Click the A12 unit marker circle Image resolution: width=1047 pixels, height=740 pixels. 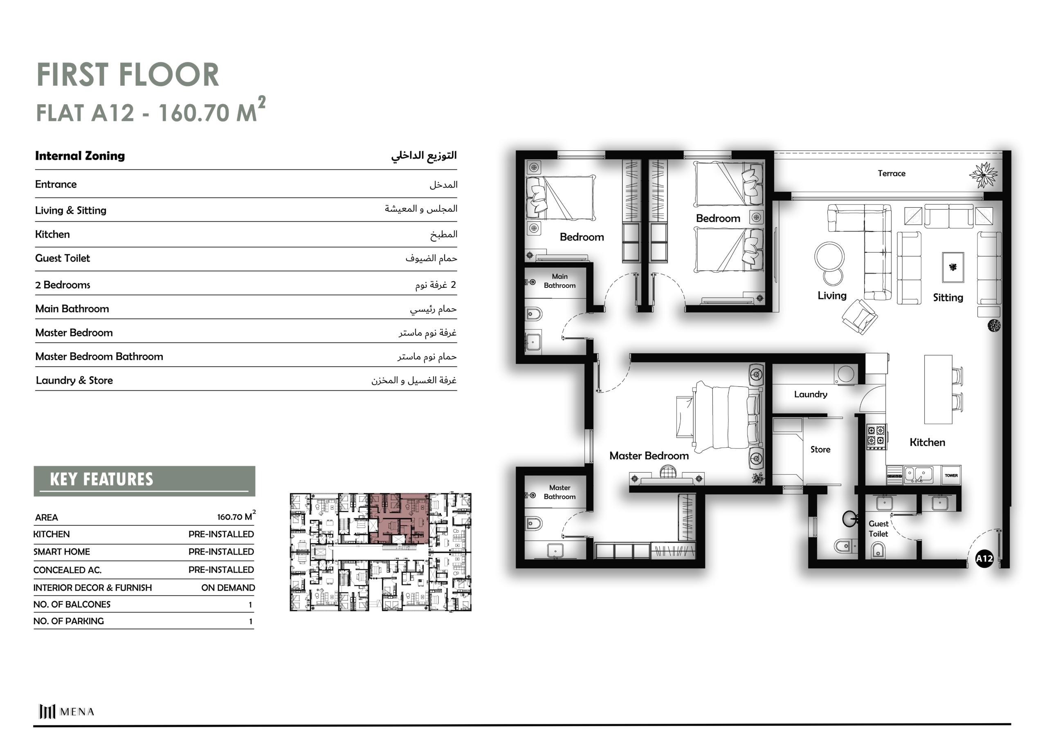coord(984,558)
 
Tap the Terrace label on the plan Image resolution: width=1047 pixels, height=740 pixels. coord(892,173)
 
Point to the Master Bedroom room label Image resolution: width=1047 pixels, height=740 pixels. coord(649,455)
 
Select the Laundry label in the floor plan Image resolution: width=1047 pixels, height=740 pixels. coord(810,395)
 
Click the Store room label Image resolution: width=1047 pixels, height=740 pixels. coord(820,450)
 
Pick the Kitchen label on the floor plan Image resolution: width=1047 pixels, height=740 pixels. coord(927,442)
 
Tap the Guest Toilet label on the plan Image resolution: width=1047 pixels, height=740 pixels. coord(878,529)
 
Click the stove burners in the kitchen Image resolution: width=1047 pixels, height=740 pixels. coord(876,435)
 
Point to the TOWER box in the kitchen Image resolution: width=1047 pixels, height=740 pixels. coord(951,475)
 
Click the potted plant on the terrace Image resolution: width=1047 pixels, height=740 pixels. coord(984,175)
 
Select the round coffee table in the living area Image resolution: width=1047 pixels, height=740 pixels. coord(830,257)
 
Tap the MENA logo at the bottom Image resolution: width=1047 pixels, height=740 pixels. coord(67,711)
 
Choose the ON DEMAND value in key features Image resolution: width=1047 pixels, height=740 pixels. coord(228,588)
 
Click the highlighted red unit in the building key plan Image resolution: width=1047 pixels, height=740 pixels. coord(398,518)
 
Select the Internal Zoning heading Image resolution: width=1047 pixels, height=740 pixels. coord(80,156)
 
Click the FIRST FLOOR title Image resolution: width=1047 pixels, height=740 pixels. coord(128,75)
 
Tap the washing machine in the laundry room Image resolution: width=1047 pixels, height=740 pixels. coord(846,374)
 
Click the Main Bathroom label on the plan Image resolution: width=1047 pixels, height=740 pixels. coord(559,281)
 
